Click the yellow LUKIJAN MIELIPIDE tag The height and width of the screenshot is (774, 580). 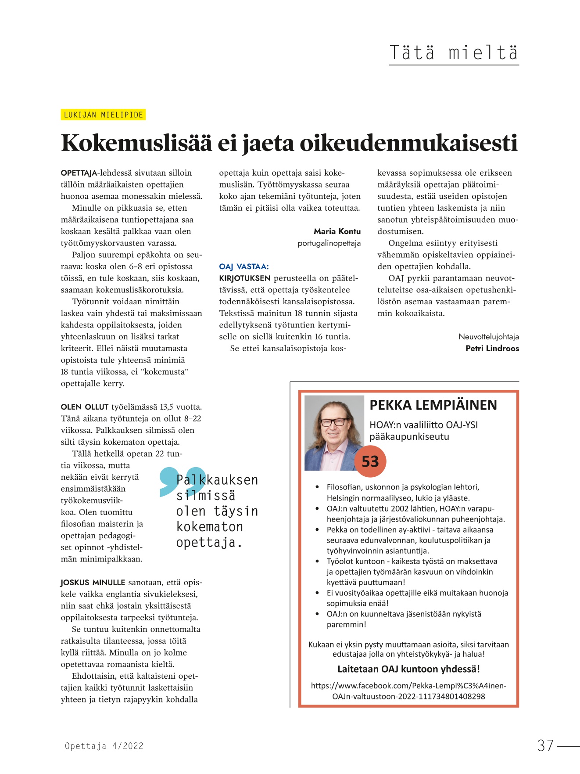pos(103,115)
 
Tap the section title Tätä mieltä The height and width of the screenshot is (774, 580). pos(454,53)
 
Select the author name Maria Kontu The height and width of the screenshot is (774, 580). pos(337,231)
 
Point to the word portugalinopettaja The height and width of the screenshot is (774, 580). pos(329,243)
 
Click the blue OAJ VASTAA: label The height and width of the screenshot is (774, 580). pos(244,266)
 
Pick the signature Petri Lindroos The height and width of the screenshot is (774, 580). pos(492,349)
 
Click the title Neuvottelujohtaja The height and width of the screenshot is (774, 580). pos(489,337)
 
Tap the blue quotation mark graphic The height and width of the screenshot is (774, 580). pos(181,482)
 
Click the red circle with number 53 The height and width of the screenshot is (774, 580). pos(370,461)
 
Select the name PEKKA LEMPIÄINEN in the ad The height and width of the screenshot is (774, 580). pos(433,405)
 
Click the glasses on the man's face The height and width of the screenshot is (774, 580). pos(333,422)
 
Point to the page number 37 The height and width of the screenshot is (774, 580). pos(545,745)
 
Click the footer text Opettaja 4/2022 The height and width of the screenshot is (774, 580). pos(104,746)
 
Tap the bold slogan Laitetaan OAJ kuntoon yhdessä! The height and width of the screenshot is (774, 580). pos(408,669)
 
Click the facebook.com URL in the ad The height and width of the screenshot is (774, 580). pos(408,691)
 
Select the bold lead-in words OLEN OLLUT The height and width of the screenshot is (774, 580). pos(85,407)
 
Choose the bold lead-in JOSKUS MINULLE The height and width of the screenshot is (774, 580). pos(93,583)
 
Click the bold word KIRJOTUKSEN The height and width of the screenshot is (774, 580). pos(245,278)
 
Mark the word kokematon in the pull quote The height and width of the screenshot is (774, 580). pos(209,527)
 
